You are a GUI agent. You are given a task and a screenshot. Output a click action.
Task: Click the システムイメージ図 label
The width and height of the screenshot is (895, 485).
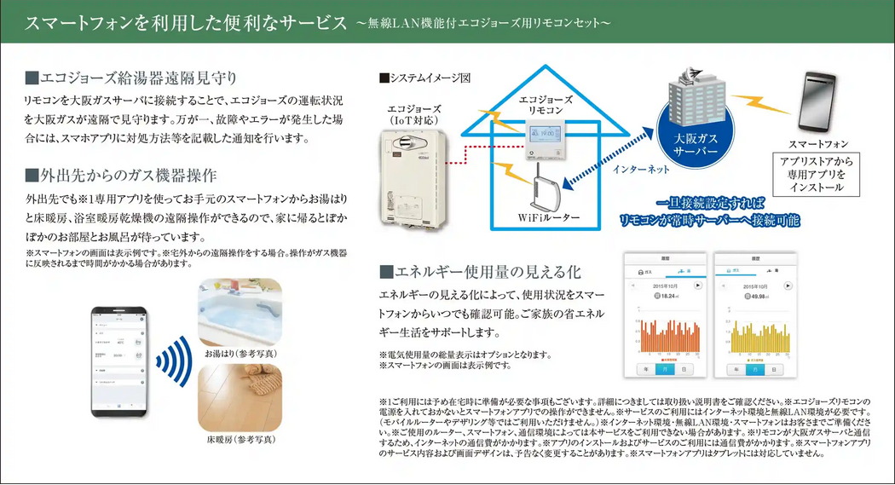pos(424,78)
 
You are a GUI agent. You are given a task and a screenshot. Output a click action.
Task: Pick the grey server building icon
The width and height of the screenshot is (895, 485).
pos(702,96)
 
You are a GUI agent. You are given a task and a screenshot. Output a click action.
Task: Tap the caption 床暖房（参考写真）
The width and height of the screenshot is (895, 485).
pos(240,440)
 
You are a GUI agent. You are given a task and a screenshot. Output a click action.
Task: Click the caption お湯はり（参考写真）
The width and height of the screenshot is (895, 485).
pos(240,353)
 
